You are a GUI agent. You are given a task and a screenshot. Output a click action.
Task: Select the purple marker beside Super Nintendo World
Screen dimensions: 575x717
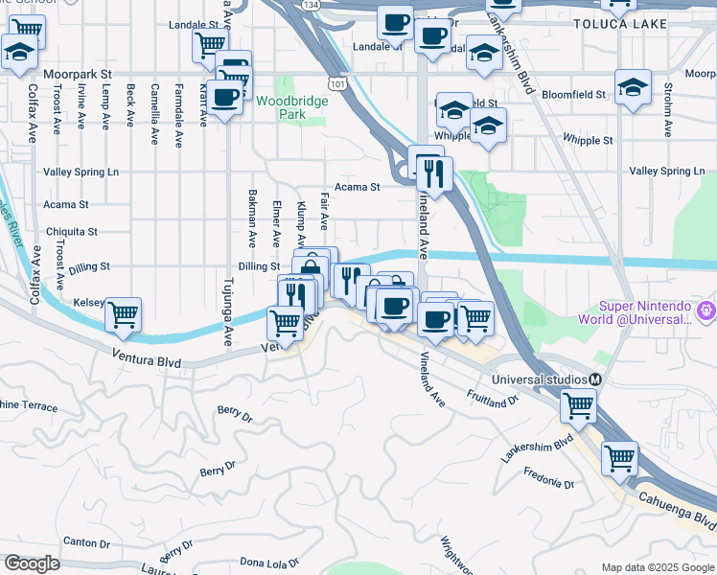(707, 310)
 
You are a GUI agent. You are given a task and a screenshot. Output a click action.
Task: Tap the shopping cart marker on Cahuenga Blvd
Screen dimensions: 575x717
(619, 457)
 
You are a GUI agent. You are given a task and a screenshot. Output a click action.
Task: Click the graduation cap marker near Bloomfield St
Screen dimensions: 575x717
(633, 88)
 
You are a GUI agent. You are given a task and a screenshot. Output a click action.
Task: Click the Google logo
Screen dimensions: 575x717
(32, 563)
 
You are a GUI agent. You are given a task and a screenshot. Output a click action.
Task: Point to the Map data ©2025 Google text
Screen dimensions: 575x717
(658, 567)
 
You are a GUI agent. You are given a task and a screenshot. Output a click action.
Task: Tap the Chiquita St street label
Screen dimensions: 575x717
(71, 232)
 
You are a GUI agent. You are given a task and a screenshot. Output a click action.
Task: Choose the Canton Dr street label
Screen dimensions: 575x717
(86, 542)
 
